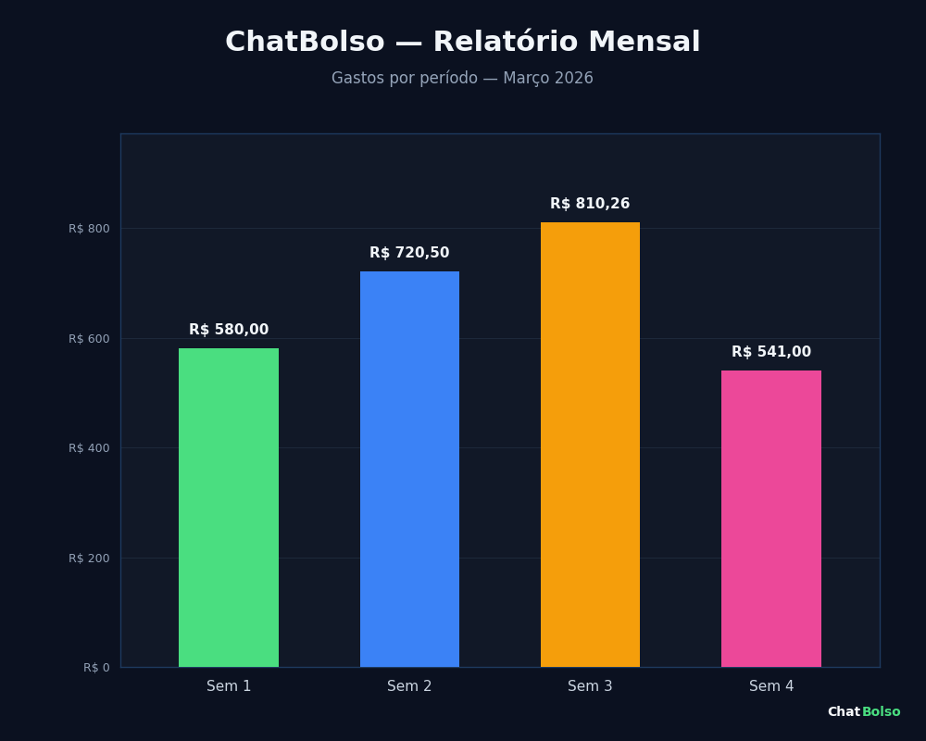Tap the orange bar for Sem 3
click(590, 445)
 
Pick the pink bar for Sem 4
click(771, 519)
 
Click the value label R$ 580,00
click(229, 330)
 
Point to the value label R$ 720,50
click(409, 253)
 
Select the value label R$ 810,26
click(590, 204)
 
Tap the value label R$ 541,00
click(771, 352)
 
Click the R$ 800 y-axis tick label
click(89, 229)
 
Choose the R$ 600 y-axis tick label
click(89, 339)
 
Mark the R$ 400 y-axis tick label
click(89, 448)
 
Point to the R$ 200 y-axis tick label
click(89, 559)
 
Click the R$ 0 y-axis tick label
click(96, 668)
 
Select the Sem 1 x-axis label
click(229, 686)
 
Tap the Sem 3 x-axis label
click(590, 686)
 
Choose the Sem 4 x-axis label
click(771, 686)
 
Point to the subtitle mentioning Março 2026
click(462, 79)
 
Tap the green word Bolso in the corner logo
click(881, 712)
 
